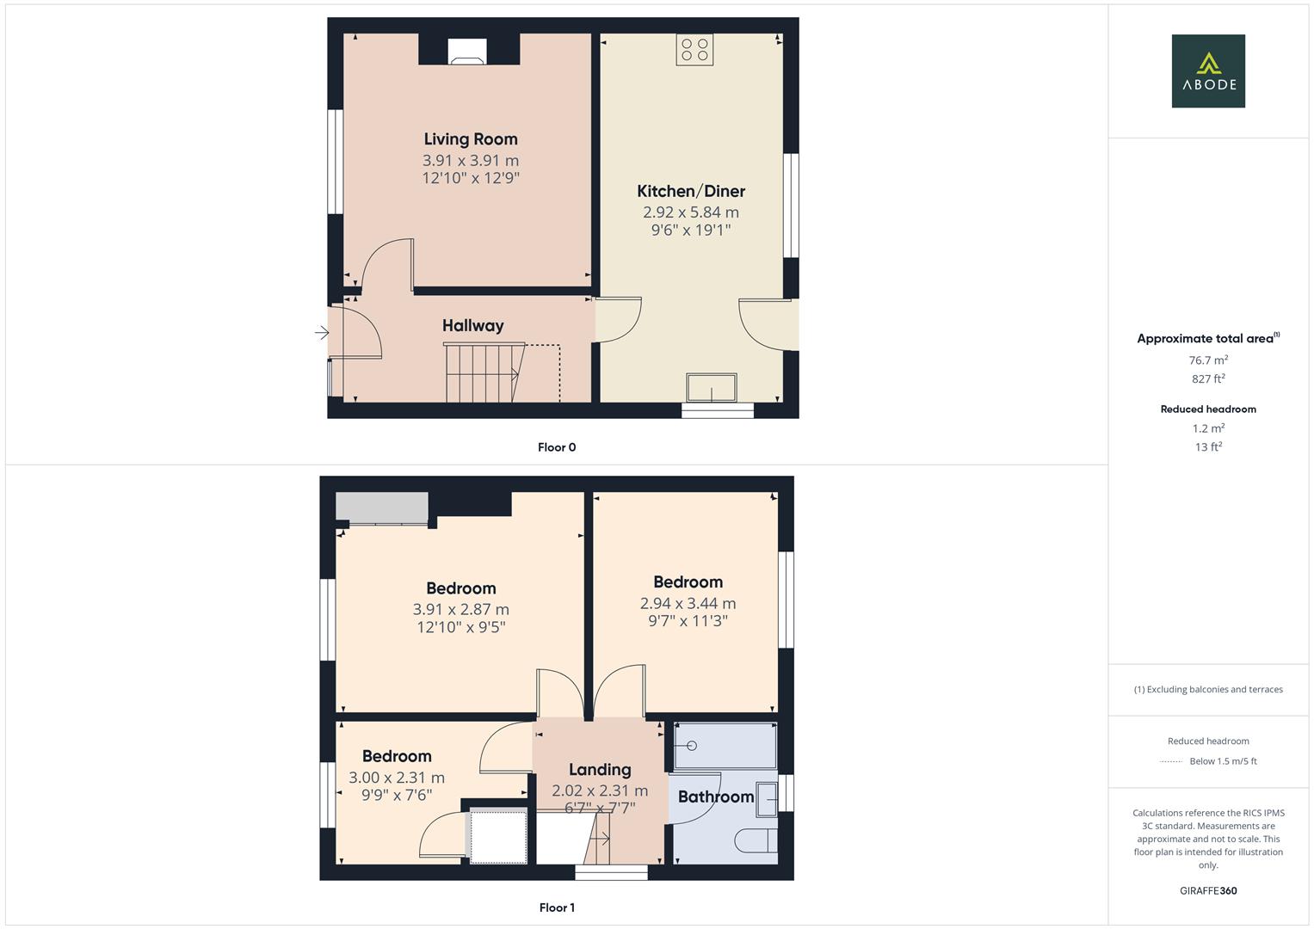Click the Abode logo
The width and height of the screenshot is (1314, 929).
pos(1208,71)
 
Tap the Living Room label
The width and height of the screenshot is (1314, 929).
pos(471,139)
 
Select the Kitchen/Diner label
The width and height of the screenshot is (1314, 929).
pos(691,191)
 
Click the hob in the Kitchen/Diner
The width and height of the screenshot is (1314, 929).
pos(694,50)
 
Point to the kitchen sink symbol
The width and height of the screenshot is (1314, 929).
pos(712,388)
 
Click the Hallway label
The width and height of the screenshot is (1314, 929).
pos(472,325)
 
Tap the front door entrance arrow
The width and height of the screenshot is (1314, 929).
pos(322,333)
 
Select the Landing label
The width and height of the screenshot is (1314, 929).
pos(600,770)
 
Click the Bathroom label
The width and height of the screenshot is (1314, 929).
pos(716,797)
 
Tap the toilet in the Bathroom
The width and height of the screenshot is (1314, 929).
pos(758,840)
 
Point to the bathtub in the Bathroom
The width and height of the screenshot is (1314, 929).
pos(725,746)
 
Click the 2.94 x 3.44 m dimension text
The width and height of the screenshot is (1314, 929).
pos(688,603)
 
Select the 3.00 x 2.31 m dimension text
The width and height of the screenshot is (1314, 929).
pos(397,778)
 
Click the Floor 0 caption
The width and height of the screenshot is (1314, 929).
pos(557,447)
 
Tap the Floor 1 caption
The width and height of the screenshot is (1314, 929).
pos(557,907)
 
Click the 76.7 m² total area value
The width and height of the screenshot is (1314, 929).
pos(1208,360)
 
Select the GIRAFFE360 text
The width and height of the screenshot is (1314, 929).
pos(1208,890)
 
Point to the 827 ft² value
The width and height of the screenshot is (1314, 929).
pos(1208,378)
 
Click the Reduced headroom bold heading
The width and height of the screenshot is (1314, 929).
pos(1208,409)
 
